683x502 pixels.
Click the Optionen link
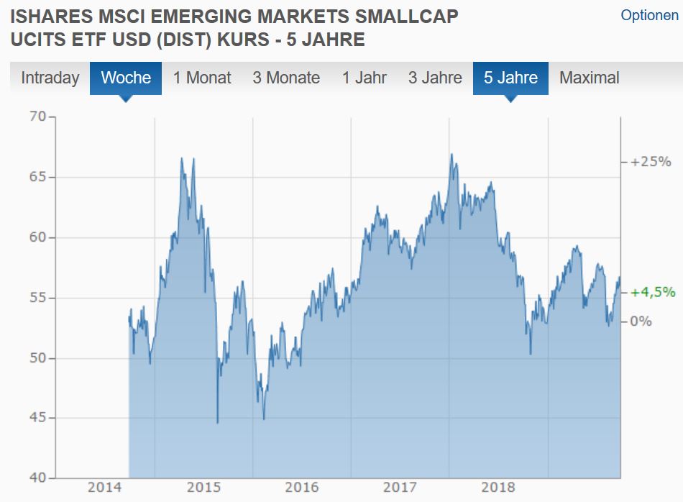649,15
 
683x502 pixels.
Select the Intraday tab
50,78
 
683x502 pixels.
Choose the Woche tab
126,78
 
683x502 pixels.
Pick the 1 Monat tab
202,78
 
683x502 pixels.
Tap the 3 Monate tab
286,78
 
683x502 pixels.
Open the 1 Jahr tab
364,78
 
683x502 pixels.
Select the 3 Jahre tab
435,78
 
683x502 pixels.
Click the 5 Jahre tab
510,78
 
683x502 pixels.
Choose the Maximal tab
589,78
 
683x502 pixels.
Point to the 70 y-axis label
37,117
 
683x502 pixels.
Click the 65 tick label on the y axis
37,177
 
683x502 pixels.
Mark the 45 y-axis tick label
37,418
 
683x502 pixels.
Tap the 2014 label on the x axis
106,488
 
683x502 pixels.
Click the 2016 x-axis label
302,488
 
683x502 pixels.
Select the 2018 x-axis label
498,488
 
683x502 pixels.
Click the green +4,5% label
652,292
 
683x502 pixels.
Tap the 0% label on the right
641,321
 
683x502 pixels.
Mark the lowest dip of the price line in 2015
217,423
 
